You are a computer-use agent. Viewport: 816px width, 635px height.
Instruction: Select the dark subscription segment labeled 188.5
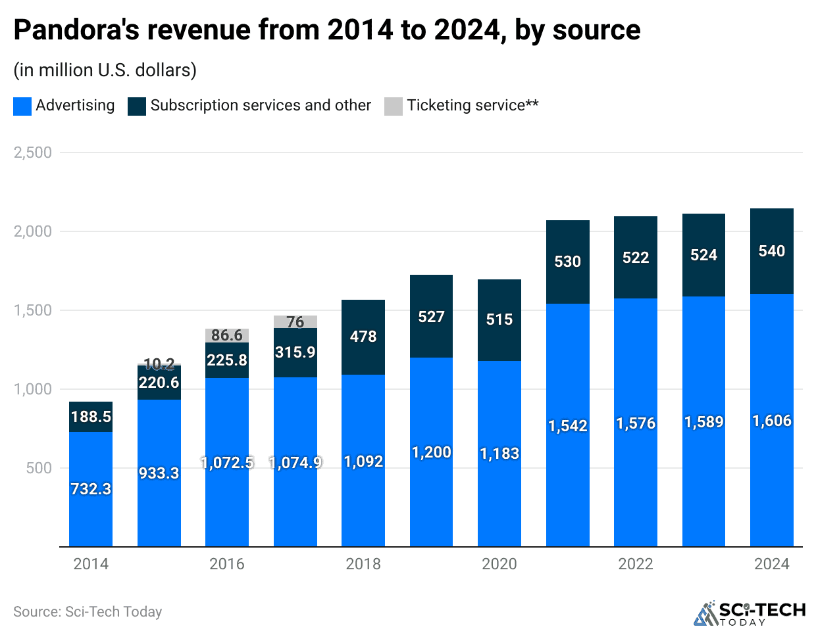91,417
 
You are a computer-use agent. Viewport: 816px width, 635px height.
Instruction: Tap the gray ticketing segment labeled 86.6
227,335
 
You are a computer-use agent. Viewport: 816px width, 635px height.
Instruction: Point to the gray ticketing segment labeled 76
295,321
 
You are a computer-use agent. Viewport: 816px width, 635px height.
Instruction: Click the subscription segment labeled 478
363,337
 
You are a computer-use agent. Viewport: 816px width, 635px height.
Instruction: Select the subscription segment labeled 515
499,319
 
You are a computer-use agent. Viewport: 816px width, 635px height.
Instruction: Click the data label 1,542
567,426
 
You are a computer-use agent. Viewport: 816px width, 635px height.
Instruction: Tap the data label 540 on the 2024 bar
771,251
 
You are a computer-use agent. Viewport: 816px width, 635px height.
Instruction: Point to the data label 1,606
771,421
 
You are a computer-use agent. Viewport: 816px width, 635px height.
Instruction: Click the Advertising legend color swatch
22,106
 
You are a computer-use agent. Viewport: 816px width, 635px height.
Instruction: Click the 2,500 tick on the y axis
33,153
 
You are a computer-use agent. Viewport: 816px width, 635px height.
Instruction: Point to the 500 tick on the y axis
39,468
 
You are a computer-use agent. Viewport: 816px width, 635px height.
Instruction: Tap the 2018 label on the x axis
363,564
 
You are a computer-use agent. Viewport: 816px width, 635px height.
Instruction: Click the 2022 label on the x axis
636,564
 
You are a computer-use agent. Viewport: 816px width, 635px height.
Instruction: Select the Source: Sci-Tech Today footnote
88,612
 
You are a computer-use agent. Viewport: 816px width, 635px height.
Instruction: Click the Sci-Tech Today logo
750,613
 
